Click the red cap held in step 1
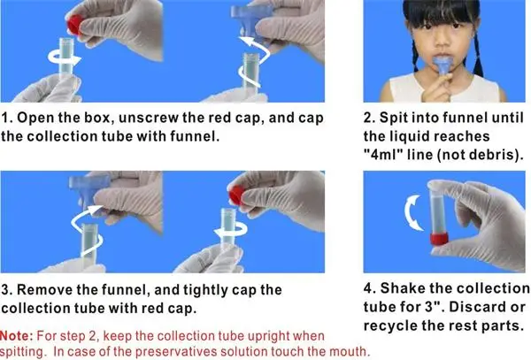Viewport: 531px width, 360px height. [75, 25]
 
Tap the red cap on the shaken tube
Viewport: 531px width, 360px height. [439, 239]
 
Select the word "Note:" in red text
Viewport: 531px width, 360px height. [16, 336]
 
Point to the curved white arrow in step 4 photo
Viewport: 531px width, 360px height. [413, 213]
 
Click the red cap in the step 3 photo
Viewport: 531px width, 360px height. [236, 195]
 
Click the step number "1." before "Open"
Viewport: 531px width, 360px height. [7, 118]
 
